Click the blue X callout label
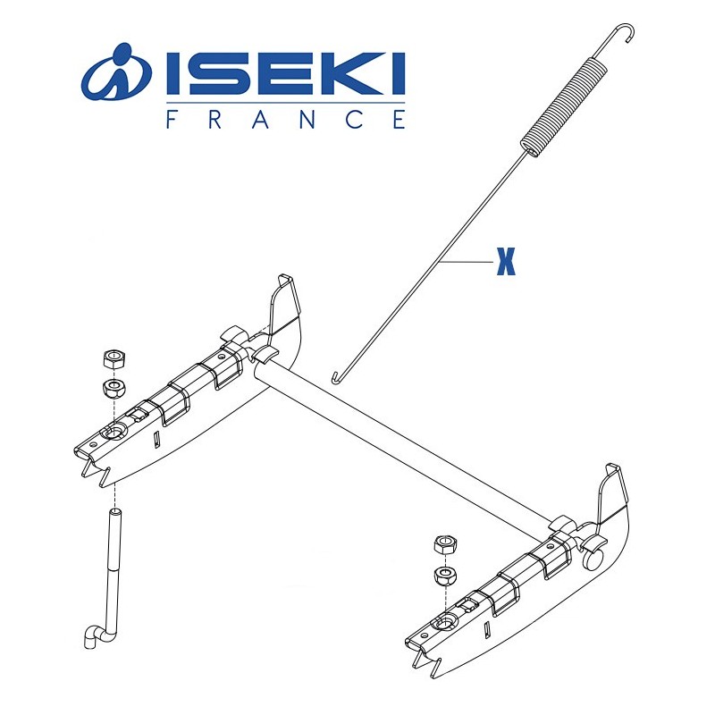click(x=507, y=265)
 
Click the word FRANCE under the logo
click(x=285, y=121)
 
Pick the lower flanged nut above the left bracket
click(x=114, y=388)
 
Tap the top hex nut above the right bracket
click(x=443, y=544)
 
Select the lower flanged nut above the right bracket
click(x=443, y=574)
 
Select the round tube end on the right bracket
click(x=593, y=560)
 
